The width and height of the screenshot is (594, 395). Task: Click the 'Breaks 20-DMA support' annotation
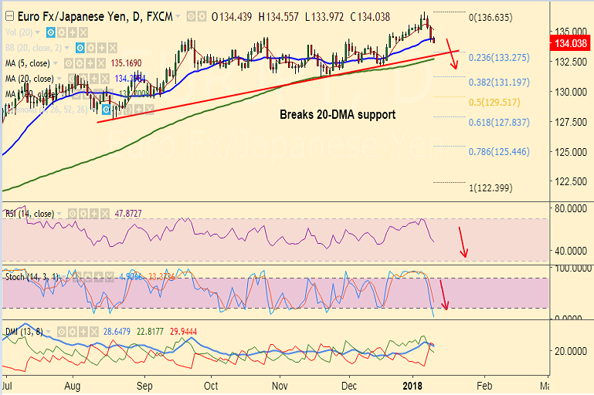[x=338, y=115]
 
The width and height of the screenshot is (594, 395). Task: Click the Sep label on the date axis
[x=144, y=383]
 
